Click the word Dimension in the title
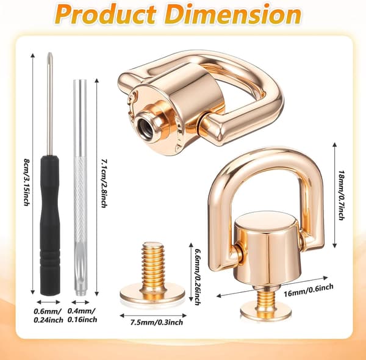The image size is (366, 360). [234, 13]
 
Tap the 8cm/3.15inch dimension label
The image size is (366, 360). [27, 182]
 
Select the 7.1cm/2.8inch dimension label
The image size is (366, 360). [104, 183]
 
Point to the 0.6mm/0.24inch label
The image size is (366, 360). [49, 315]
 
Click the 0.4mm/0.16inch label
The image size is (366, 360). [82, 315]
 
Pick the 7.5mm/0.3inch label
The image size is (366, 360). [156, 323]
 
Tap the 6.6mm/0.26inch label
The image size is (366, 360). [198, 276]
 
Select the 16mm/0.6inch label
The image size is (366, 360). [308, 290]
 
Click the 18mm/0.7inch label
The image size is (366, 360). [341, 195]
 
